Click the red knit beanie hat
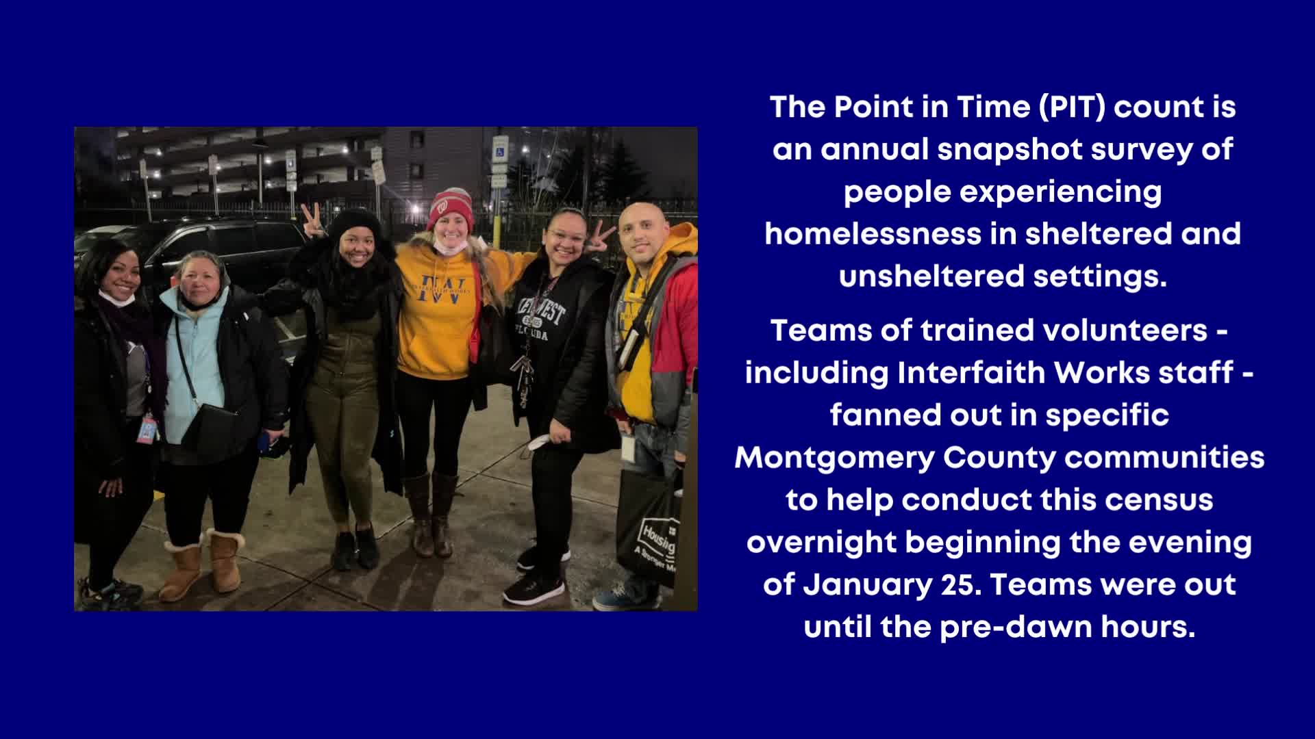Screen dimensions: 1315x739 [450, 208]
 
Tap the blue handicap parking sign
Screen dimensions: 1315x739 [501, 147]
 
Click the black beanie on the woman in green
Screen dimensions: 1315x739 [354, 224]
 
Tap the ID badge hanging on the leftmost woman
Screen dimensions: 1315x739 [147, 428]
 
